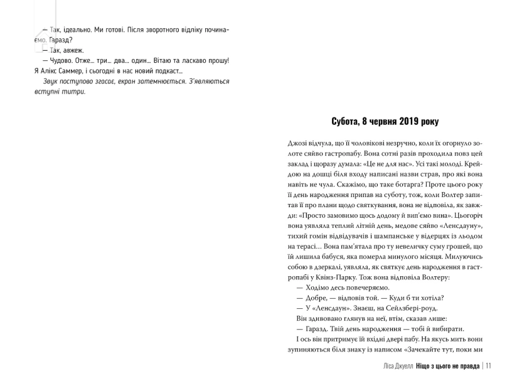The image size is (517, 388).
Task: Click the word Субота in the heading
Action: click(x=349, y=121)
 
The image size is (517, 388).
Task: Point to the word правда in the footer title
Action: click(x=466, y=367)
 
